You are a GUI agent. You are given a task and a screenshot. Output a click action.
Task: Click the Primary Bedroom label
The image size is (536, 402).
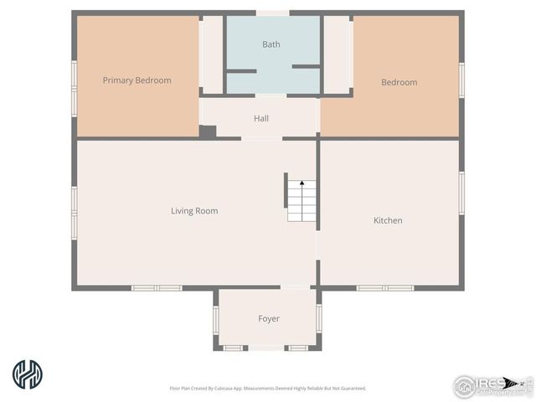[x=137, y=80]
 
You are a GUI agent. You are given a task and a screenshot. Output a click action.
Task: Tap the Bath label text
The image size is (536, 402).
[x=271, y=44]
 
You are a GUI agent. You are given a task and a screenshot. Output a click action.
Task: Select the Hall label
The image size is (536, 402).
[x=261, y=118]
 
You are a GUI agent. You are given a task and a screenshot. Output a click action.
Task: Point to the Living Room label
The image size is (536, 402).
[x=194, y=211]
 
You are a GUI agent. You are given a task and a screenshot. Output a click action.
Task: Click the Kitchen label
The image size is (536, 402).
[x=388, y=220]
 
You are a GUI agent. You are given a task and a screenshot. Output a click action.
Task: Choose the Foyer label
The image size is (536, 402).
[x=268, y=318]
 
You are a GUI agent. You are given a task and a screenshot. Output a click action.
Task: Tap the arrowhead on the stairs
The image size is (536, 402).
[x=301, y=182]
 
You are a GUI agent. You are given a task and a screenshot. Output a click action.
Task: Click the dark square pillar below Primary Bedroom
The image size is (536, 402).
[x=207, y=131]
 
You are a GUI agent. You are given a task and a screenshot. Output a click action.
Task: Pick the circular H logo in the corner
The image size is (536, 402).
[x=28, y=374]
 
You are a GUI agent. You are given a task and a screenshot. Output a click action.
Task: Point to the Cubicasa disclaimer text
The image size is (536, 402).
[x=268, y=388]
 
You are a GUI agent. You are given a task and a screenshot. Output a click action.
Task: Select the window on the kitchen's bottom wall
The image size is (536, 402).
[x=385, y=288]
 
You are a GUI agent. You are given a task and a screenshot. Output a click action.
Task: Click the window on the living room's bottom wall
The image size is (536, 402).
[x=157, y=288]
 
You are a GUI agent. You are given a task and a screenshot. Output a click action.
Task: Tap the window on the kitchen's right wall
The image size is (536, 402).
[x=461, y=193]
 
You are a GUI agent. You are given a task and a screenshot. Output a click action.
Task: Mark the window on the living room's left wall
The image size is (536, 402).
[x=74, y=211]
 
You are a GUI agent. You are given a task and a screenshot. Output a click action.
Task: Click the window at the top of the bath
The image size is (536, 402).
[x=273, y=13]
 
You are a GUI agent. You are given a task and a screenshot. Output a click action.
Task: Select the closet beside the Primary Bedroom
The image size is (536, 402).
[x=211, y=54]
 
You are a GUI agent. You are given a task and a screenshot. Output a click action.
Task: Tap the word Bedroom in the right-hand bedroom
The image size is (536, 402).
[x=399, y=82]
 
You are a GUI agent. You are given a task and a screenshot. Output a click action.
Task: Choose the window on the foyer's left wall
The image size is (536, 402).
[x=215, y=319]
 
